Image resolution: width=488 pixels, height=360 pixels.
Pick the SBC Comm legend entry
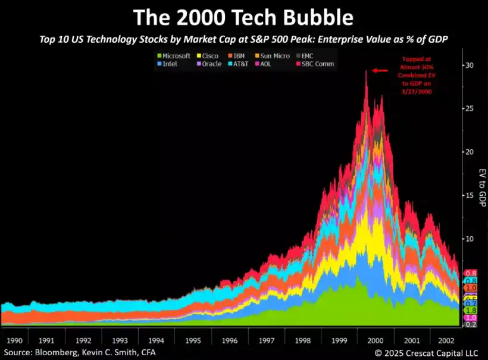click(318, 64)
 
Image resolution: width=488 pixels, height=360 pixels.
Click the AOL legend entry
click(278, 64)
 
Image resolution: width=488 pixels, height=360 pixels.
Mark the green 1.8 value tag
click(470, 310)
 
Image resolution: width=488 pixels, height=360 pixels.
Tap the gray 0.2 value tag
click(470, 325)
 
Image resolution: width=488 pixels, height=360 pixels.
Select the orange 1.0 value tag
click(470, 287)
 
